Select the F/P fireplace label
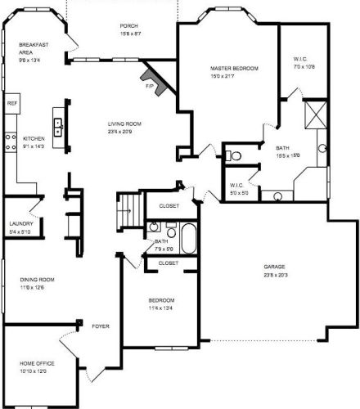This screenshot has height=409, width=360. click(x=150, y=84)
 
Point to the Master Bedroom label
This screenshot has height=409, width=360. click(x=233, y=73)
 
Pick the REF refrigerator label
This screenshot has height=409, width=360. click(x=12, y=104)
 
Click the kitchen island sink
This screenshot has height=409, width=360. click(x=59, y=127)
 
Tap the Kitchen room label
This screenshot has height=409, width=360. click(x=34, y=142)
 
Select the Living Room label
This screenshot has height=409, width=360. click(x=126, y=127)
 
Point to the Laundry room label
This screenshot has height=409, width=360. click(x=20, y=227)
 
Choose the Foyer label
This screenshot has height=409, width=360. click(x=101, y=325)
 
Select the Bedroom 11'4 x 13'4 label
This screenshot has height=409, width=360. click(x=161, y=304)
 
